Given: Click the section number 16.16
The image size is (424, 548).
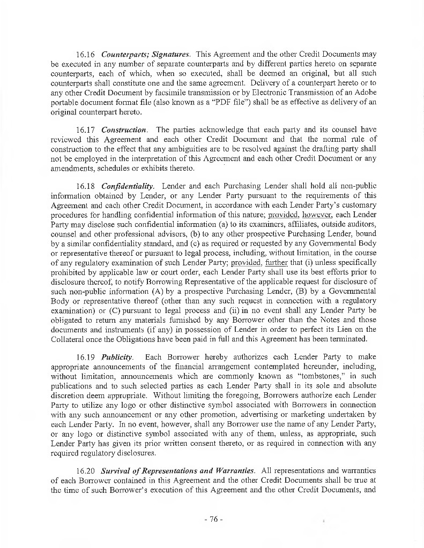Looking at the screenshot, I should (x=86, y=54).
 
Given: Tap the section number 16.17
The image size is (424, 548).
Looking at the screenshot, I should (x=86, y=130).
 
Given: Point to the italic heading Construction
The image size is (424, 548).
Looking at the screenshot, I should (x=124, y=130).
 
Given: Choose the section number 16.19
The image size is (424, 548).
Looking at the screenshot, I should (x=86, y=356).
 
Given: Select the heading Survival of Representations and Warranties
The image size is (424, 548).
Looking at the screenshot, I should (x=177, y=470).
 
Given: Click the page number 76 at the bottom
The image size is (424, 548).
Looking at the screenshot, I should (x=213, y=520).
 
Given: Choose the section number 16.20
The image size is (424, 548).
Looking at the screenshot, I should (x=86, y=470).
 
